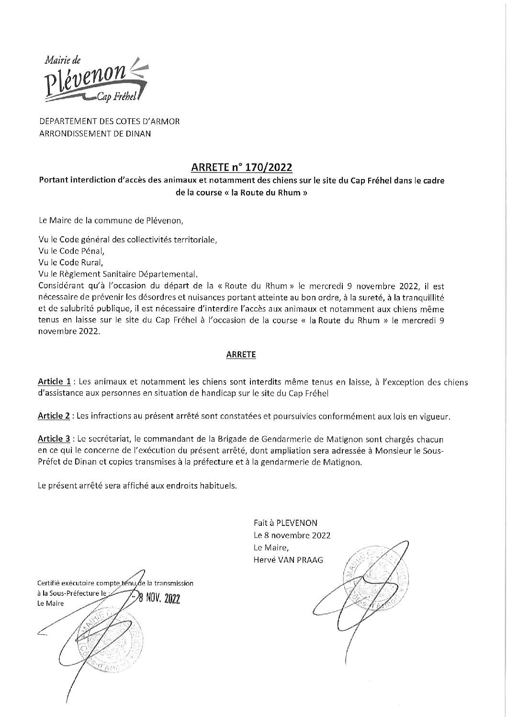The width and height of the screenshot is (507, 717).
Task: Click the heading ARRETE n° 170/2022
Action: click(x=242, y=168)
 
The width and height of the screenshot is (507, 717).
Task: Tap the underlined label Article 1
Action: click(x=55, y=382)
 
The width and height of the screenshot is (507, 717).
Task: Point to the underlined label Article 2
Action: click(x=55, y=416)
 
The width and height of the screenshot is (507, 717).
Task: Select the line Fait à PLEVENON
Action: click(x=285, y=523)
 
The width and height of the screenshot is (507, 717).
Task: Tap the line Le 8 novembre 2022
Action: click(x=292, y=535)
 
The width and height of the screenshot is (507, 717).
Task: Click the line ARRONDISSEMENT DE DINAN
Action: click(x=94, y=134)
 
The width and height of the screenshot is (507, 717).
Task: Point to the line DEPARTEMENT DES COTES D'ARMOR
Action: click(x=109, y=122)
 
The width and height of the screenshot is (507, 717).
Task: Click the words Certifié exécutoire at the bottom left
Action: click(x=65, y=583)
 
